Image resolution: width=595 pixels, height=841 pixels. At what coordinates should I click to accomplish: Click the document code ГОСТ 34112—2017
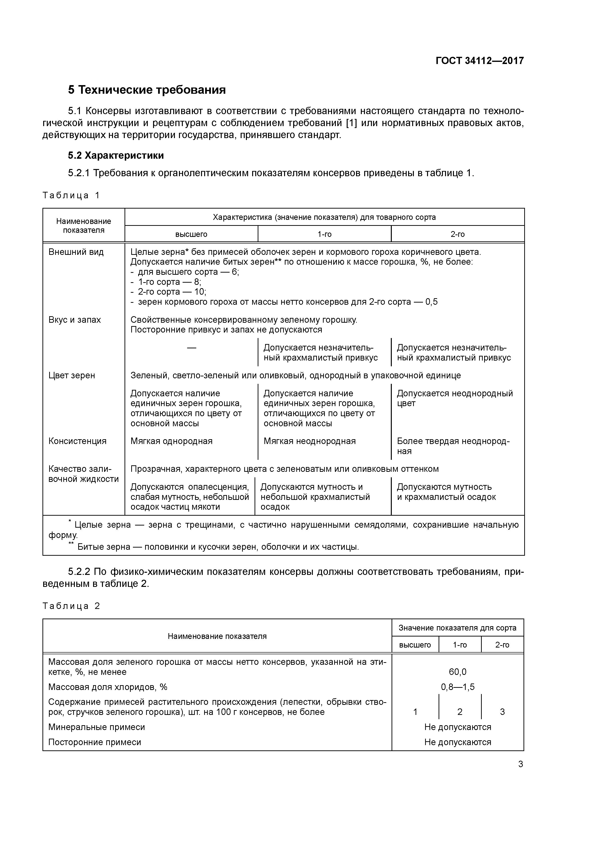(x=480, y=61)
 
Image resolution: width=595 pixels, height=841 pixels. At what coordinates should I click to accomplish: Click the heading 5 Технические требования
(x=147, y=90)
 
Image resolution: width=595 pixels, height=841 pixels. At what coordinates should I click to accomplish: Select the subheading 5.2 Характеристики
(x=116, y=155)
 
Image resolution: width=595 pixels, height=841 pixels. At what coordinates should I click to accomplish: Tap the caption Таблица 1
(x=71, y=195)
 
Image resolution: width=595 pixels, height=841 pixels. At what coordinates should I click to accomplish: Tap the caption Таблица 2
(x=71, y=606)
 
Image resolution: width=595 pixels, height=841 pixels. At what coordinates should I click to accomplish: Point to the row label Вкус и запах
(x=74, y=320)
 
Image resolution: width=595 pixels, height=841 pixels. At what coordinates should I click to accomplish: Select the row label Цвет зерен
(x=71, y=375)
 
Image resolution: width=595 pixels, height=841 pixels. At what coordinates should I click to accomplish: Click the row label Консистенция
(x=77, y=441)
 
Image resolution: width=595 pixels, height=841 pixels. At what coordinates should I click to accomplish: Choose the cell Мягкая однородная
(x=171, y=441)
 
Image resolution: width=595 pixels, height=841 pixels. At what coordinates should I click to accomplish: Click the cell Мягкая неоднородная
(x=309, y=441)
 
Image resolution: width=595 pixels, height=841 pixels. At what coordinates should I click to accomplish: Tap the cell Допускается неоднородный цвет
(x=455, y=398)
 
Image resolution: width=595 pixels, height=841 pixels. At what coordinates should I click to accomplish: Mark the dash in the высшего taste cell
(x=191, y=348)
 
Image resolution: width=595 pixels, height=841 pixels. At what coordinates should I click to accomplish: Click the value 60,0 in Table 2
(x=458, y=672)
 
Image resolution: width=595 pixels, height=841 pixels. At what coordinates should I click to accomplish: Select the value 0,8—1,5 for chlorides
(x=458, y=687)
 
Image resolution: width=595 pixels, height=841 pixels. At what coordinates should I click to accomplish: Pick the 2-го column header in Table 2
(x=502, y=645)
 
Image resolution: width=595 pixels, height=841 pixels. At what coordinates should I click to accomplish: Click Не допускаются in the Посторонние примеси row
(x=458, y=742)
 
